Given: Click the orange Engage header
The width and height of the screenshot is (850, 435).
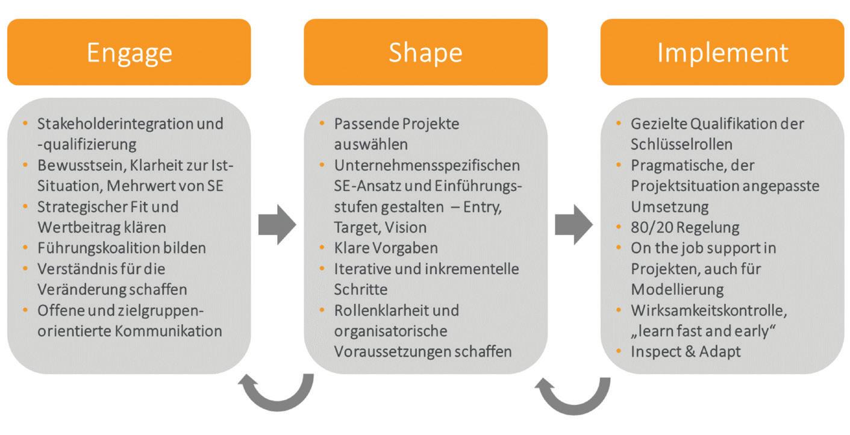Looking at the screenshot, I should pyautogui.click(x=129, y=52).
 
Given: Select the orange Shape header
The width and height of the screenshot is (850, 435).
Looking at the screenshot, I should pyautogui.click(x=425, y=52).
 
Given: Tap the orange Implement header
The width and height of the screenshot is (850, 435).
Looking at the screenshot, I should pyautogui.click(x=722, y=52).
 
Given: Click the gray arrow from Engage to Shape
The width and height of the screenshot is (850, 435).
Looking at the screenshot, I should pyautogui.click(x=277, y=224).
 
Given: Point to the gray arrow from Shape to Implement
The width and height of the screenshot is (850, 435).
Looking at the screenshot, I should pyautogui.click(x=573, y=224).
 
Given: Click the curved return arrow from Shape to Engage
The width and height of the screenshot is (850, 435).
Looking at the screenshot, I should pyautogui.click(x=277, y=392).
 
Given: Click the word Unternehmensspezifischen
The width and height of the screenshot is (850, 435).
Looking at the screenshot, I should pyautogui.click(x=427, y=165).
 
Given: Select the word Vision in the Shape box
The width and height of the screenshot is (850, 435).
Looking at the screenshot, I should pyautogui.click(x=405, y=227).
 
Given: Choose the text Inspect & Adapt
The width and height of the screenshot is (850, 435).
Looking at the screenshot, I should pyautogui.click(x=686, y=351).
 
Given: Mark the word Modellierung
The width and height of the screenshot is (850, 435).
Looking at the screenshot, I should pyautogui.click(x=677, y=289).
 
